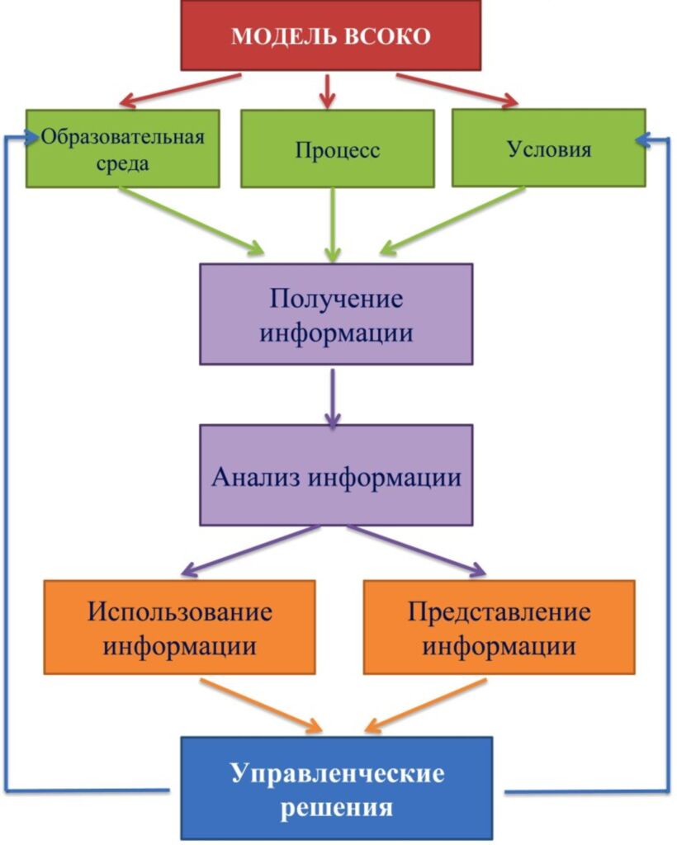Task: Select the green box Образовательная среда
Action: coord(122,149)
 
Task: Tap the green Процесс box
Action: coord(337,149)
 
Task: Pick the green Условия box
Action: coord(548,149)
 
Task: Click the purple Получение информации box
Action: coord(336,314)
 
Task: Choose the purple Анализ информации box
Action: coord(336,475)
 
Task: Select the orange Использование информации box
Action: coord(179,627)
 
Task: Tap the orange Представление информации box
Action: coord(499,627)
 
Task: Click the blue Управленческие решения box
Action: coord(336,788)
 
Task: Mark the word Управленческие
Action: coord(337,774)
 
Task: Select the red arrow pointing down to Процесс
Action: coord(329,91)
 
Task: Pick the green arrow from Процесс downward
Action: coord(333,223)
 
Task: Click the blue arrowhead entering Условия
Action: coord(646,139)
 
